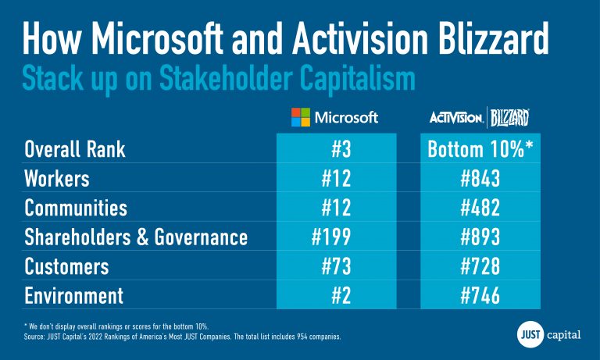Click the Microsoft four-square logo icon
click(x=301, y=118)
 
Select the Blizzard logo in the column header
click(x=510, y=118)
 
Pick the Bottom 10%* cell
click(x=480, y=149)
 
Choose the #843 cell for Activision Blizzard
click(x=480, y=179)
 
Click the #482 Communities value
click(x=480, y=208)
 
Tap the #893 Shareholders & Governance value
click(x=480, y=237)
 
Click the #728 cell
click(x=480, y=267)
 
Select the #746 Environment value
click(x=480, y=296)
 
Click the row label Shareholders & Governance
click(x=136, y=237)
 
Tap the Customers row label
click(x=67, y=267)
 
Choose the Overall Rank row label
click(x=75, y=149)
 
